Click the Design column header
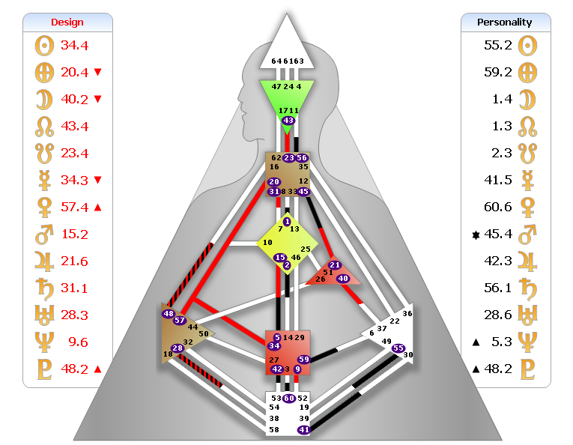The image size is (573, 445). (67, 22)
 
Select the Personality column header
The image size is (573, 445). (505, 22)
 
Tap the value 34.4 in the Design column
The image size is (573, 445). (75, 46)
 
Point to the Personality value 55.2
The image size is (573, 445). (497, 46)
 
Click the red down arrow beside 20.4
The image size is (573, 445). (97, 73)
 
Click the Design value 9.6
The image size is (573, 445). (79, 342)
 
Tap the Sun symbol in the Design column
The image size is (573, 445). (44, 46)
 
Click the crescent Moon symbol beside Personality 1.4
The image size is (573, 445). (529, 100)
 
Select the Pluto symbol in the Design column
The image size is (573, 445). (44, 369)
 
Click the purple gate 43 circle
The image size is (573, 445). (288, 120)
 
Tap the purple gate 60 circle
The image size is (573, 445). (288, 398)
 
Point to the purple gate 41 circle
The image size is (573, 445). (303, 430)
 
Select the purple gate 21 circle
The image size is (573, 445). (335, 265)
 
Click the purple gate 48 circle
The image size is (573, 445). (169, 314)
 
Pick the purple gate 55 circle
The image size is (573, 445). (398, 348)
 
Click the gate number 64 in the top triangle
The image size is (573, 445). (276, 61)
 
